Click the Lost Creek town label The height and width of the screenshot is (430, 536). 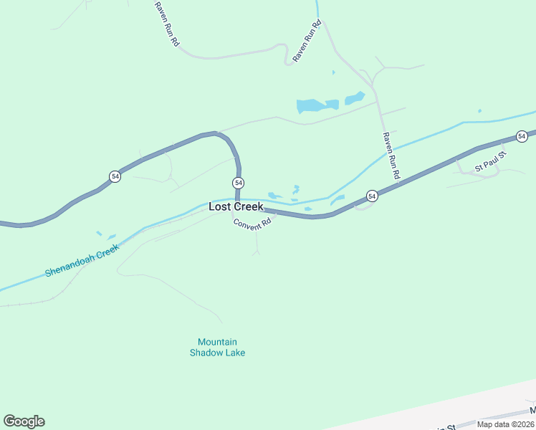[x=236, y=206]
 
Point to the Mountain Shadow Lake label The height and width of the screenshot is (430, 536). [x=217, y=348]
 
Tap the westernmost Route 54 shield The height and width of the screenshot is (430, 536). [x=115, y=176]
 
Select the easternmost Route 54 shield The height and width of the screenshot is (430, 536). [x=522, y=136]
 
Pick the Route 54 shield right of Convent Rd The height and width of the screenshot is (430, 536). [x=372, y=196]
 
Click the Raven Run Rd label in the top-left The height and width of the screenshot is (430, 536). [x=166, y=24]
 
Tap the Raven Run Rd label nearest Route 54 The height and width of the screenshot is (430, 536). [x=391, y=156]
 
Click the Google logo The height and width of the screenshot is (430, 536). [x=24, y=421]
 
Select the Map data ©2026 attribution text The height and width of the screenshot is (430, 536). [x=505, y=424]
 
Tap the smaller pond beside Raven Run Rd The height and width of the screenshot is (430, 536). [x=355, y=98]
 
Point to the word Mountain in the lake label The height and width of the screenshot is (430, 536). [x=217, y=342]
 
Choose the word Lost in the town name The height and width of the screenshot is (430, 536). [x=219, y=206]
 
